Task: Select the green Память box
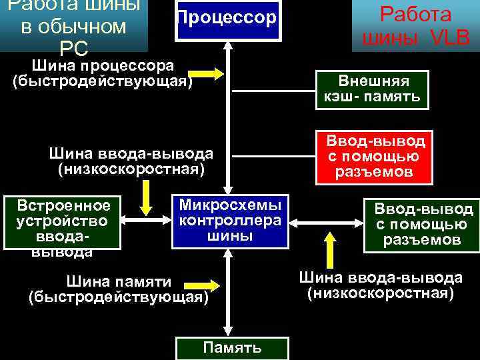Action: point(232,347)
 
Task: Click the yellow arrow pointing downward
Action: point(145,195)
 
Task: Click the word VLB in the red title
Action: point(450,38)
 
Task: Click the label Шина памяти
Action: point(120,282)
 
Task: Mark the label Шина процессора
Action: point(103,65)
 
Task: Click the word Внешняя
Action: point(373,81)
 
